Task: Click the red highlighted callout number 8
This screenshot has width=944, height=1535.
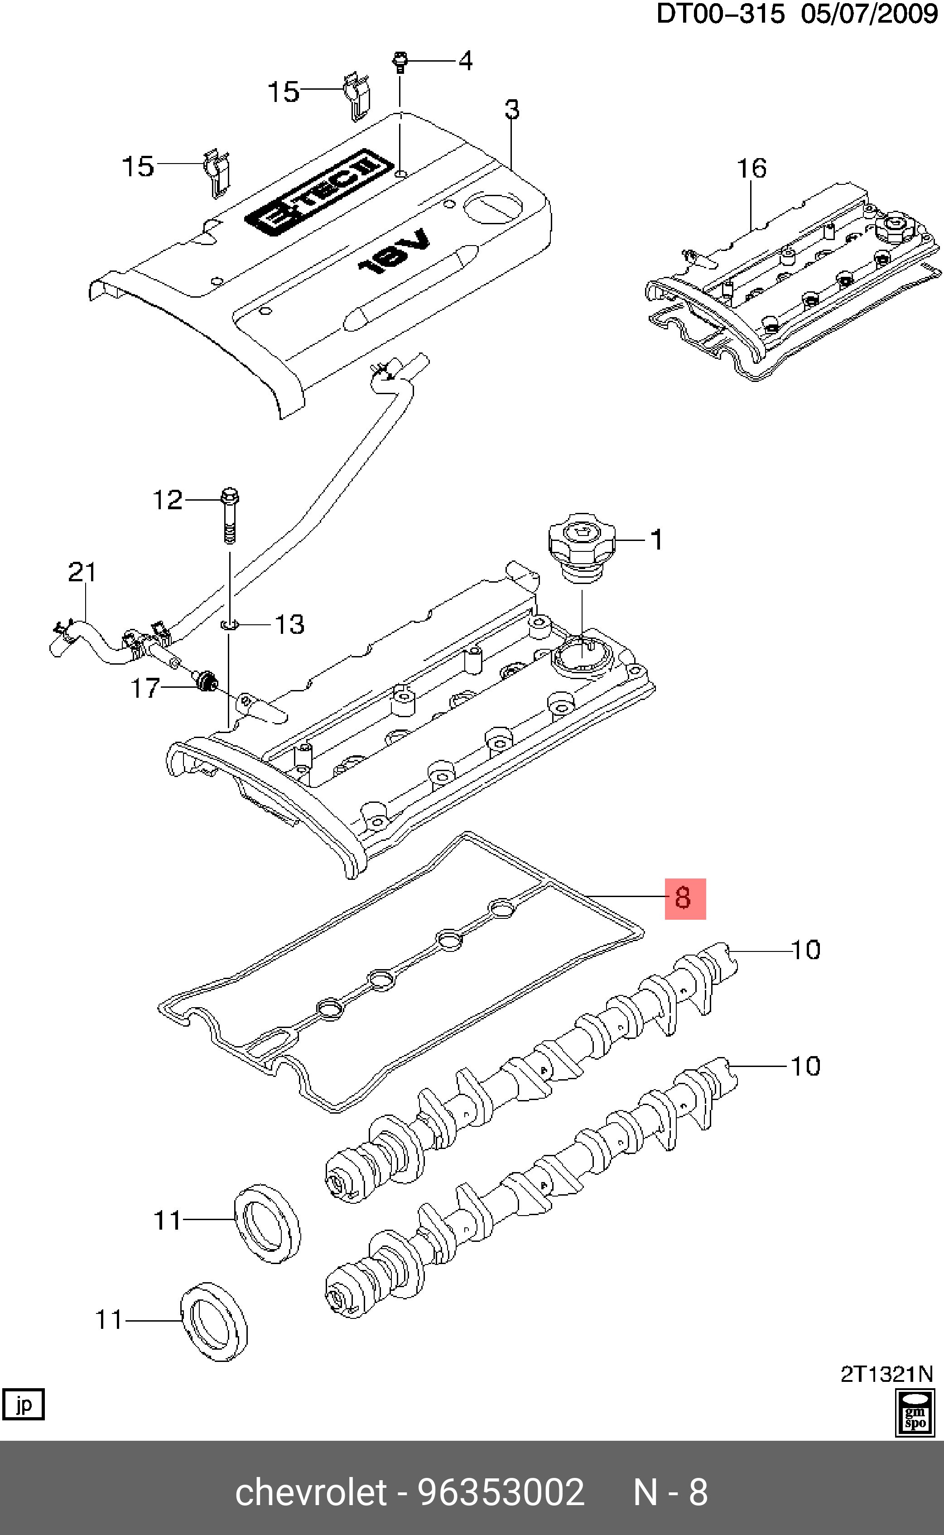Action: click(684, 898)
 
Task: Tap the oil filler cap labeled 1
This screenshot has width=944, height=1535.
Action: click(581, 547)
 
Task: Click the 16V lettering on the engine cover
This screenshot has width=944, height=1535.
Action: click(395, 251)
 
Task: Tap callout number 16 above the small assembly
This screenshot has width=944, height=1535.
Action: click(751, 168)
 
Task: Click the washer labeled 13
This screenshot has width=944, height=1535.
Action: click(230, 624)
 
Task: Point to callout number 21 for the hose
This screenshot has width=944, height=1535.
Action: click(82, 572)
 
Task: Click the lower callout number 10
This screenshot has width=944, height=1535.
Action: click(805, 1066)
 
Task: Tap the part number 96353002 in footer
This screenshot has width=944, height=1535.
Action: click(501, 1492)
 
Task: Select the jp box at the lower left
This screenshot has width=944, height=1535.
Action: click(24, 1405)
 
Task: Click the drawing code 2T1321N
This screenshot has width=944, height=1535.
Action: click(886, 1374)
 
